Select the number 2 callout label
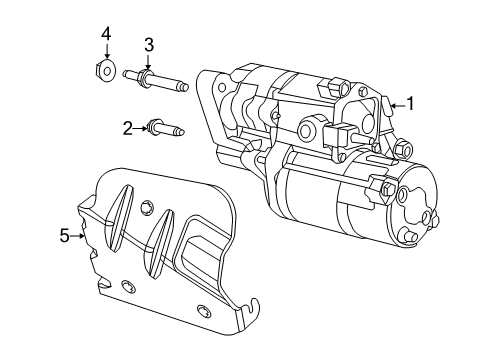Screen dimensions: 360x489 point(128,127)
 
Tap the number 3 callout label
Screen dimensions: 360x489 point(148,44)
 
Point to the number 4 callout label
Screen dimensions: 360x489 point(105,35)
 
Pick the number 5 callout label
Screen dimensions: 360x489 point(64,236)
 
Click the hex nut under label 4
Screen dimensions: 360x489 point(106,71)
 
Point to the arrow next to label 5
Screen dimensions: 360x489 point(79,236)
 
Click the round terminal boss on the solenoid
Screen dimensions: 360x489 point(310,129)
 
